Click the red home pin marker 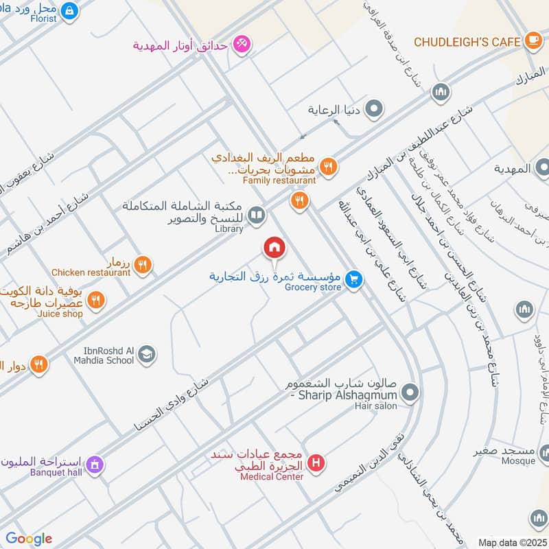coord(274,248)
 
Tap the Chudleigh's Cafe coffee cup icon coord(533,41)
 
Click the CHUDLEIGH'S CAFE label coord(468,42)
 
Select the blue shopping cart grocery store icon coord(353,279)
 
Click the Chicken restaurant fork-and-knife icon coord(143,264)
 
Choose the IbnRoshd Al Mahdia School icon coord(146,355)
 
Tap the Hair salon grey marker coord(410,393)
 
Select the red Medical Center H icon coord(316,463)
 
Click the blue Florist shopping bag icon coord(69,10)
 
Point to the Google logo coord(29,539)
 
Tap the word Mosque coord(518,462)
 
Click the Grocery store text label coord(314,288)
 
